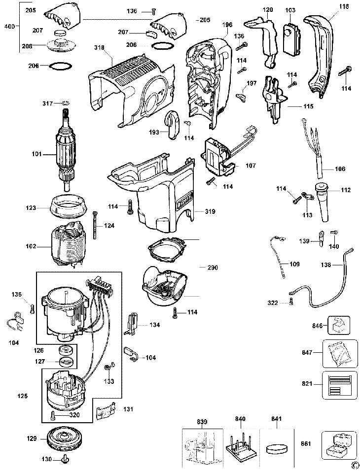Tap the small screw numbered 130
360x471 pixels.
point(65,460)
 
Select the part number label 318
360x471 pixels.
point(100,48)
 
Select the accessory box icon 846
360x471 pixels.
point(338,326)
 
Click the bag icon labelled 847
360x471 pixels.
point(339,353)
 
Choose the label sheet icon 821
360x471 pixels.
point(339,385)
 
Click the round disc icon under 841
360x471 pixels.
point(276,449)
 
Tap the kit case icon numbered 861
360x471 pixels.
point(339,444)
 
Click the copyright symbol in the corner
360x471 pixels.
point(354,465)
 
